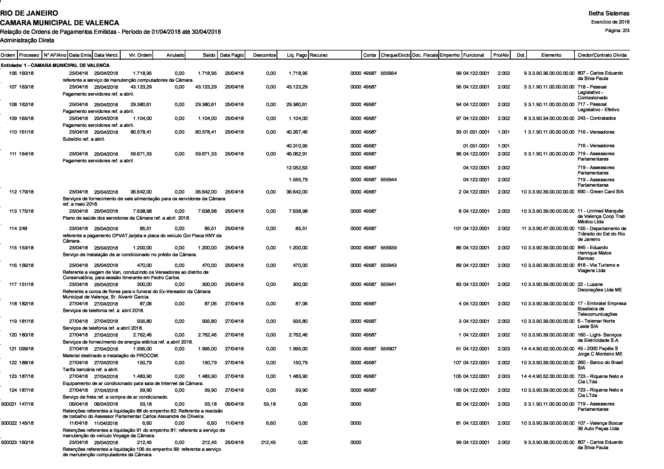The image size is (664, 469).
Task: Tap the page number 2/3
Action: point(621,30)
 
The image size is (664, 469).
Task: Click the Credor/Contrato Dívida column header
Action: point(602,55)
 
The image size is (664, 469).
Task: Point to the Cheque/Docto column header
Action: point(395,55)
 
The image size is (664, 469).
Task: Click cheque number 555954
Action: point(388,73)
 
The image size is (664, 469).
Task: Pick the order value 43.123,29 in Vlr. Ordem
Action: point(141,87)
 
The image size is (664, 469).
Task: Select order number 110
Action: point(13,132)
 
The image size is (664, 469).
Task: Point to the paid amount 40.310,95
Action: point(297,146)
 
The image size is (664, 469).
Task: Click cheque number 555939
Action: point(388,248)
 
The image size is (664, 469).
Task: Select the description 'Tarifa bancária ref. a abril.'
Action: point(91,370)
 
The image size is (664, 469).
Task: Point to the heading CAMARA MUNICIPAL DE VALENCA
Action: point(60,22)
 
